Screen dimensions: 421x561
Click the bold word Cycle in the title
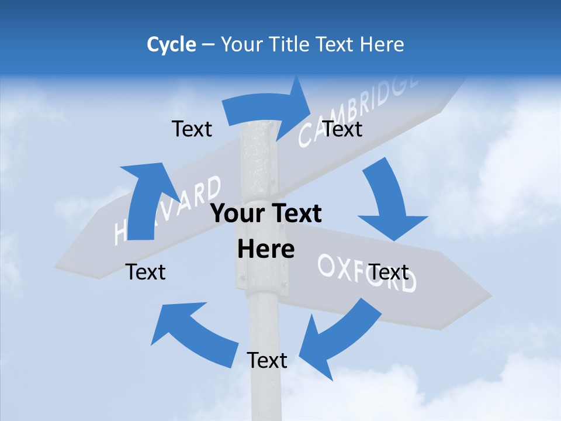point(171,44)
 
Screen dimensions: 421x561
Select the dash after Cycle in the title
point(208,45)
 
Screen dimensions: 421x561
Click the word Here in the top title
point(382,44)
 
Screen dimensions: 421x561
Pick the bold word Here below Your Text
point(266,250)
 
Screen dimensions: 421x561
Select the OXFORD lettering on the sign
point(367,273)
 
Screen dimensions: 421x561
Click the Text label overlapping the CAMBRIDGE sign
point(342,129)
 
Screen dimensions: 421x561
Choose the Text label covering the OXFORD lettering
point(389,272)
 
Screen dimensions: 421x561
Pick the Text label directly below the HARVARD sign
point(146,272)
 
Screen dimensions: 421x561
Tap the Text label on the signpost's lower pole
point(267,360)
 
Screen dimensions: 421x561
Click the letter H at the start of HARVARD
point(122,232)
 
